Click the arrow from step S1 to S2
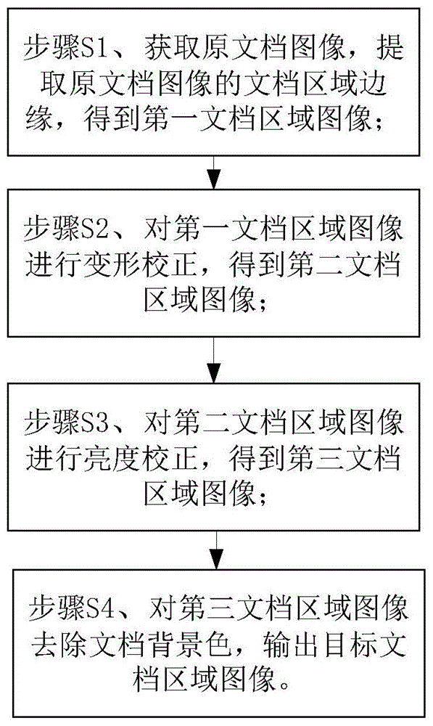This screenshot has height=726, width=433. pyautogui.click(x=213, y=172)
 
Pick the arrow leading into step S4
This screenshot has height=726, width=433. pyautogui.click(x=216, y=550)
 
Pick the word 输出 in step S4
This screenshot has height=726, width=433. pyautogui.click(x=291, y=645)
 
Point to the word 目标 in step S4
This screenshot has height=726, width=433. pyautogui.click(x=349, y=645)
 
